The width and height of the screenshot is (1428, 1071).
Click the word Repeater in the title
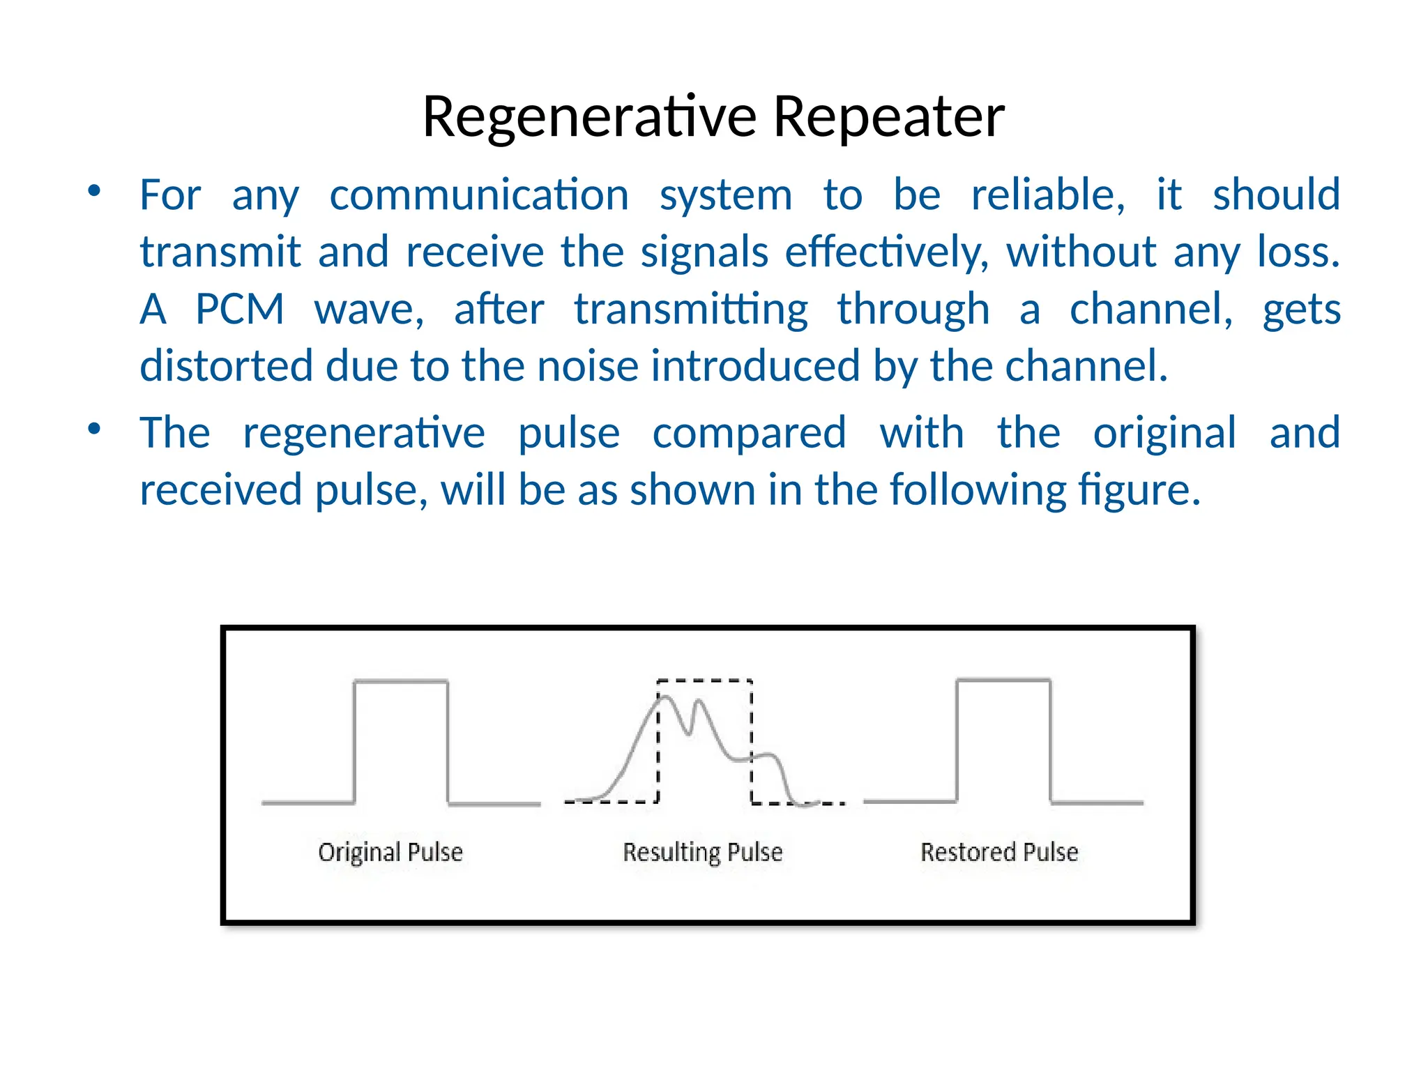point(889,116)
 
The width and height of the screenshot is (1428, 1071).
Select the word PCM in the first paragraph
point(239,309)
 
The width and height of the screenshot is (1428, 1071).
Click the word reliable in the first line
point(1047,195)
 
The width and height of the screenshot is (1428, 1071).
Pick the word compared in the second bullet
point(749,433)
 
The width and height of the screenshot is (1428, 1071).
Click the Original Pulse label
point(390,852)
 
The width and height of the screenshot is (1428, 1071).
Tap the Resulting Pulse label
point(702,852)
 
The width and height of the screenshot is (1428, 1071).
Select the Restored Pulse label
point(999,852)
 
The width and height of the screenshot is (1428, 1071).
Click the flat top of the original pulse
point(401,681)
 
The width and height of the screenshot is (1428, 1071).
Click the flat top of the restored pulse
point(1003,680)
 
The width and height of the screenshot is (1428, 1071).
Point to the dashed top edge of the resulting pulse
point(705,680)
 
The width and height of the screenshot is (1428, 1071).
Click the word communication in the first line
point(479,195)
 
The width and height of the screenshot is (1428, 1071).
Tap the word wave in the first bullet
point(368,309)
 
